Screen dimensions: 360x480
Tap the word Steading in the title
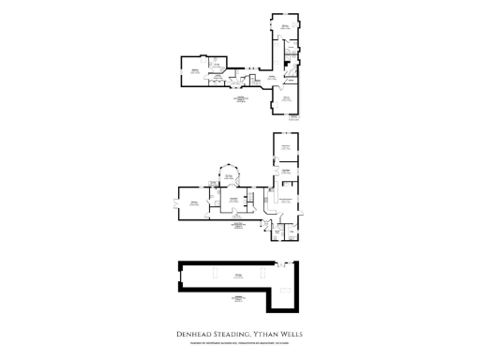pos(231,333)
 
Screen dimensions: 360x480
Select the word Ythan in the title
pos(269,333)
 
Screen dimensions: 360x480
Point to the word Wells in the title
pos(294,333)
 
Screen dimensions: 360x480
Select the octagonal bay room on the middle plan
pos(228,178)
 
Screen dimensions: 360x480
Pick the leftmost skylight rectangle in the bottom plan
pos(214,273)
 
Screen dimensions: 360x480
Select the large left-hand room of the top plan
pos(196,71)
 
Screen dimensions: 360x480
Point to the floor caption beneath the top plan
pos(241,99)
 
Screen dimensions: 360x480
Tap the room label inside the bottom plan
pos(240,274)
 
